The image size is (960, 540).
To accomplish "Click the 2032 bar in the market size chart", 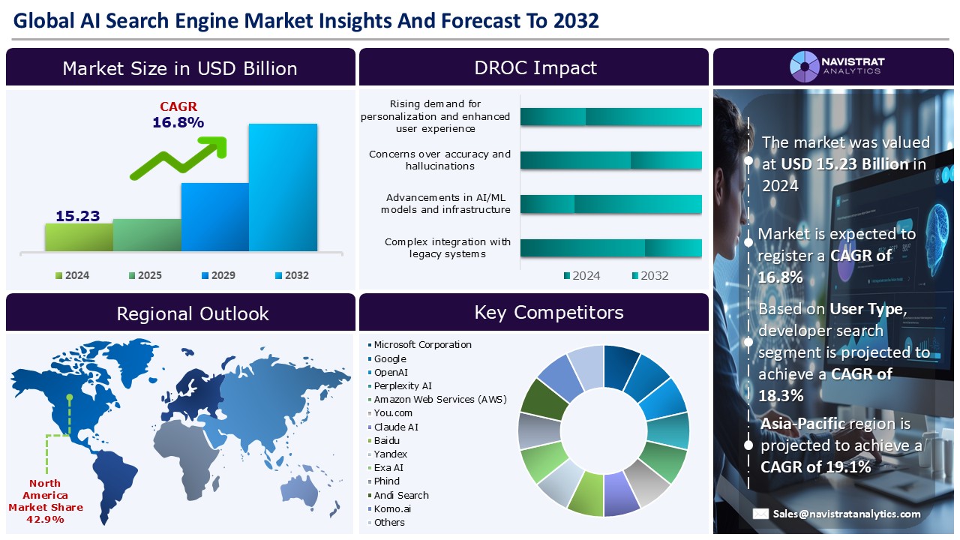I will coord(283,187).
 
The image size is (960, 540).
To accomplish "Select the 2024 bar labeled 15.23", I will coord(79,236).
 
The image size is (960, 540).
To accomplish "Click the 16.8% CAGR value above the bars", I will coord(178,122).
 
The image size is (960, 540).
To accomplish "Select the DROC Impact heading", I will coord(535,68).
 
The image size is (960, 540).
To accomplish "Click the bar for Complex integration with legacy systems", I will coord(610,248).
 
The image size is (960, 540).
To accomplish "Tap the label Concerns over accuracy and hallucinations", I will coord(439,160).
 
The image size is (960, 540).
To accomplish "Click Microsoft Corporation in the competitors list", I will coord(422,345).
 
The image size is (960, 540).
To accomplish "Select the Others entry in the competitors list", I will coord(389,522).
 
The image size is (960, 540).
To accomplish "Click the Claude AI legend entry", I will coord(396,427).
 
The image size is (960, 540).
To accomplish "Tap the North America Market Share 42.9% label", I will coord(46,501).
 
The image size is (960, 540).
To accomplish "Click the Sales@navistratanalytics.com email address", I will coord(847,514).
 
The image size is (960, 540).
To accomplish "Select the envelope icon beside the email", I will coord(760,514).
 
